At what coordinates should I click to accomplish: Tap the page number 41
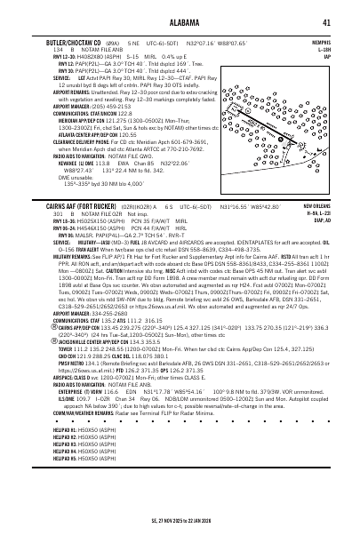coord(328,23)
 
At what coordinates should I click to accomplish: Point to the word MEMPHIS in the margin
coord(321,42)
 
